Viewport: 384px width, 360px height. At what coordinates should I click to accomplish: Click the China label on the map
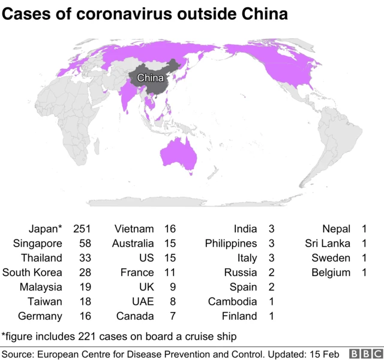151,78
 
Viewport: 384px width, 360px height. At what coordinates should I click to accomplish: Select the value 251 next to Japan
82,229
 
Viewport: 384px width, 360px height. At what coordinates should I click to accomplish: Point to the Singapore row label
37,243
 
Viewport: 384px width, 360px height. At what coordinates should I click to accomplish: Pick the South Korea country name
32,272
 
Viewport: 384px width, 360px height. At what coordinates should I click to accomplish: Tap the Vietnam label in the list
133,229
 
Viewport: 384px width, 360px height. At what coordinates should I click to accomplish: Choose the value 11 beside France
170,272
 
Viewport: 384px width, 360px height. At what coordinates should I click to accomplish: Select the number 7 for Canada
173,316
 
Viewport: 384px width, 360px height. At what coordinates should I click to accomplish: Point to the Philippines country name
231,243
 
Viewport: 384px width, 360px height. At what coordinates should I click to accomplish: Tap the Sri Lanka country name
328,243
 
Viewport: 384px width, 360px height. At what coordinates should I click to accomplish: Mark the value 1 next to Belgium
364,272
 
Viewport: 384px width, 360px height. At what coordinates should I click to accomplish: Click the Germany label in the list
40,316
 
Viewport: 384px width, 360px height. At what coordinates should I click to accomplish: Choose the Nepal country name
336,229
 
